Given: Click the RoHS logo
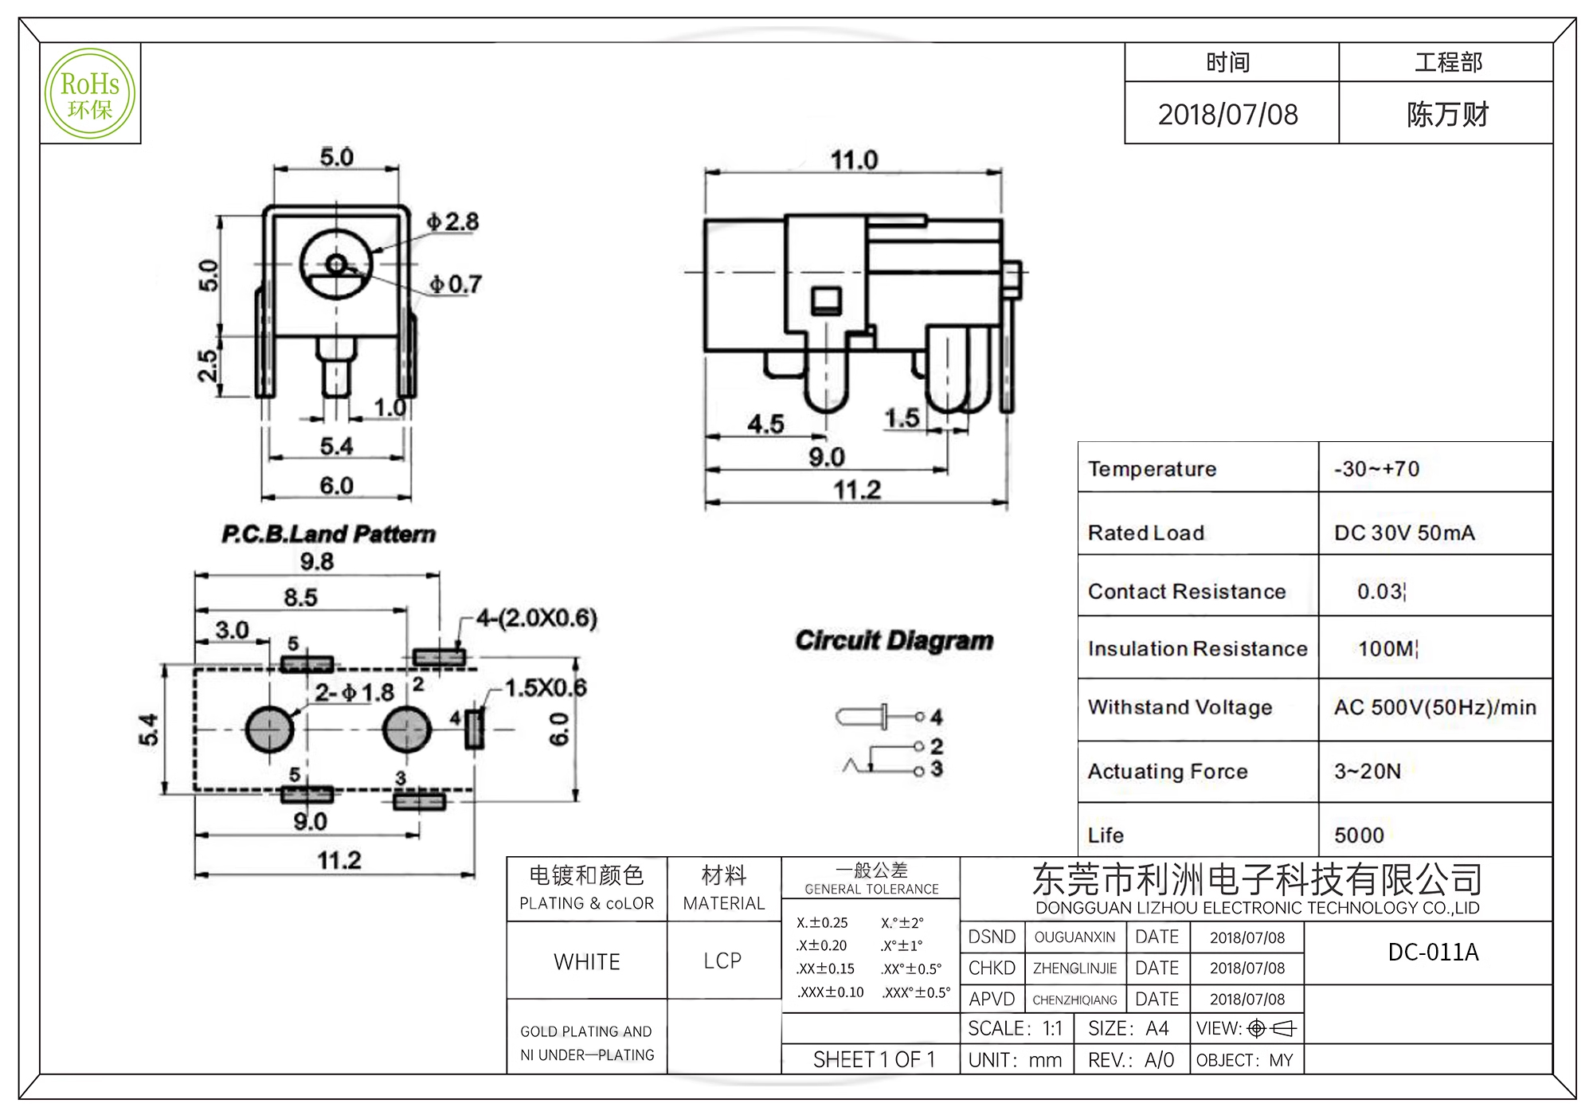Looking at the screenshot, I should [x=90, y=94].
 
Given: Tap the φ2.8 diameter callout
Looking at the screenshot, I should [x=452, y=221].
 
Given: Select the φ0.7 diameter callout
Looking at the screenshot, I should [x=456, y=284].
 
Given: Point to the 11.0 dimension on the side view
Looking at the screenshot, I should [x=854, y=160].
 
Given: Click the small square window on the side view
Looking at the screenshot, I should [x=826, y=301].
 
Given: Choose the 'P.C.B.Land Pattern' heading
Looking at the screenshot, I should [x=328, y=534].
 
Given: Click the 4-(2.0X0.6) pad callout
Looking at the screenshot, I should [x=537, y=618].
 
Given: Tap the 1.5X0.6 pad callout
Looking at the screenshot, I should [x=546, y=687].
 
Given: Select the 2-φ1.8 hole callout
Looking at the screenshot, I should [x=354, y=692].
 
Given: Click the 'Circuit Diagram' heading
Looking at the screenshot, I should [x=894, y=640].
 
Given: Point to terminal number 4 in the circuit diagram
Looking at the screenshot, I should [x=937, y=718].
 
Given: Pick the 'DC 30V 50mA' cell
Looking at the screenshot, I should [x=1404, y=533].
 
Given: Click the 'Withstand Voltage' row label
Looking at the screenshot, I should [x=1180, y=707].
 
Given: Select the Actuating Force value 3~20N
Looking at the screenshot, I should [x=1368, y=771].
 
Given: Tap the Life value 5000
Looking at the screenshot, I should [x=1359, y=835].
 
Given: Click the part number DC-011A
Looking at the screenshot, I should [x=1433, y=953].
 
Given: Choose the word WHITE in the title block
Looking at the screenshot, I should [x=587, y=962].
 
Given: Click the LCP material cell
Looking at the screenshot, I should [x=722, y=961].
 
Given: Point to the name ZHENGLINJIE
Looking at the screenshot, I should [x=1074, y=968].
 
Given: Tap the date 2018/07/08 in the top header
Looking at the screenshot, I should [x=1227, y=115].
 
